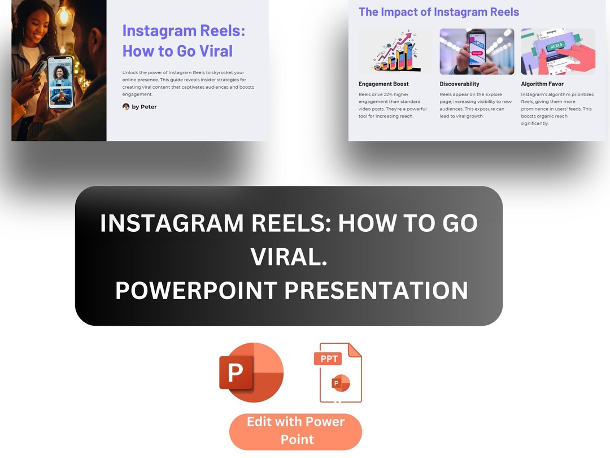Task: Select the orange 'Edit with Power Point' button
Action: tap(295, 430)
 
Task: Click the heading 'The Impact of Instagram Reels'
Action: tap(438, 12)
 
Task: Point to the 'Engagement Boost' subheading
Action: tap(384, 84)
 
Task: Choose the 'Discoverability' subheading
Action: tap(459, 84)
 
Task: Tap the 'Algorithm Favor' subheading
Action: tap(542, 84)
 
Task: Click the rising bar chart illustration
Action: tap(395, 52)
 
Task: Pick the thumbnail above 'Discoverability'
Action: tap(477, 52)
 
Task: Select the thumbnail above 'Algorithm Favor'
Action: tap(558, 52)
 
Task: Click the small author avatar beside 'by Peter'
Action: tap(126, 107)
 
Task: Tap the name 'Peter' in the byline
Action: tap(149, 107)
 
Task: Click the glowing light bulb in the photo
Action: tap(63, 14)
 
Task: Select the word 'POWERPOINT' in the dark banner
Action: tap(195, 291)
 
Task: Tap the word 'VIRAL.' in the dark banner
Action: tap(289, 257)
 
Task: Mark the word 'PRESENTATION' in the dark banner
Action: tap(376, 291)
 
